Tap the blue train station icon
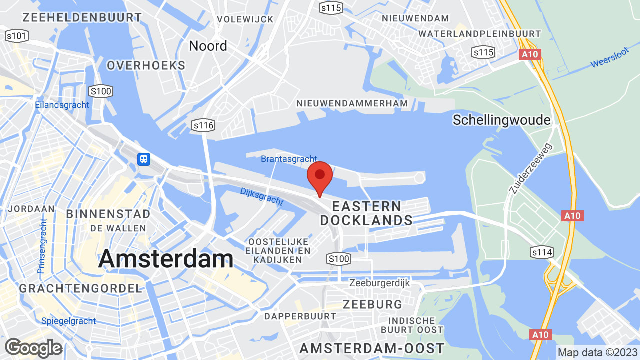pyautogui.click(x=144, y=159)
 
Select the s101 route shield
pyautogui.click(x=17, y=36)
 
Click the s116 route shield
pyautogui.click(x=203, y=125)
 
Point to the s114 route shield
pyautogui.click(x=542, y=252)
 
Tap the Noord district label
pyautogui.click(x=208, y=46)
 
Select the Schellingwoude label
pyautogui.click(x=501, y=120)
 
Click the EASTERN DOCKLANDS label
pyautogui.click(x=366, y=213)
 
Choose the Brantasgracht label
pyautogui.click(x=282, y=159)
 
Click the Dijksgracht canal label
pyautogui.click(x=262, y=197)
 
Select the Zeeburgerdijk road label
pyautogui.click(x=379, y=283)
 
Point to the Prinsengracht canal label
pyautogui.click(x=42, y=245)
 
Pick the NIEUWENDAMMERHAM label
pyautogui.click(x=352, y=103)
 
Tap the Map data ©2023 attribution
pyautogui.click(x=598, y=352)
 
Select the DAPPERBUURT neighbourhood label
pyautogui.click(x=300, y=316)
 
